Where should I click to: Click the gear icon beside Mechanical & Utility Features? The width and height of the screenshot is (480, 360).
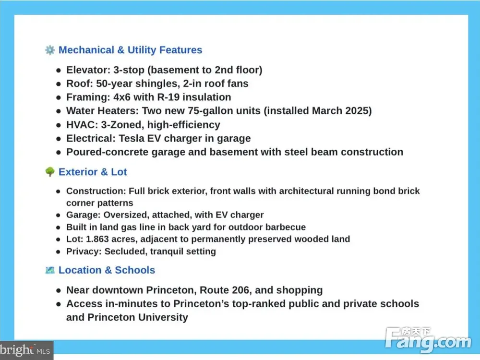point(49,50)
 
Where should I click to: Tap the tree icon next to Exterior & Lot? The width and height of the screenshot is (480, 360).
point(49,172)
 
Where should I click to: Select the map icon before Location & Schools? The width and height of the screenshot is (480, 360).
point(49,270)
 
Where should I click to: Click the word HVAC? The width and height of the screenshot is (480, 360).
point(80,125)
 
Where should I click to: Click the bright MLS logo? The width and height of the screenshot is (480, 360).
point(26,350)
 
